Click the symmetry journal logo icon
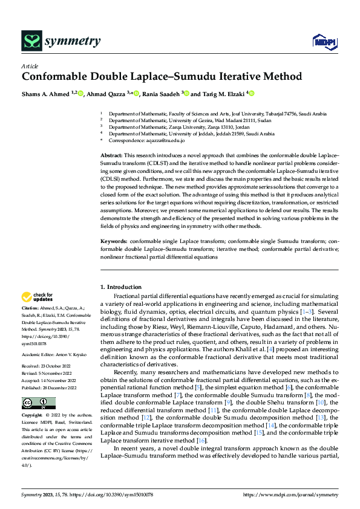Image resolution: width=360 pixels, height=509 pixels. [31, 41]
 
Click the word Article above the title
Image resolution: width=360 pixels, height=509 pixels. [29, 66]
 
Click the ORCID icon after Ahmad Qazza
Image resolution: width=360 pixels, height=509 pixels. [136, 94]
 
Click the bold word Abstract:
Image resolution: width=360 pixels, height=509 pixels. [112, 156]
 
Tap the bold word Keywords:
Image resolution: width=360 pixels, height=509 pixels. [114, 241]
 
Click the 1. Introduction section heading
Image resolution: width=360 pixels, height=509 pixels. [121, 287]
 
